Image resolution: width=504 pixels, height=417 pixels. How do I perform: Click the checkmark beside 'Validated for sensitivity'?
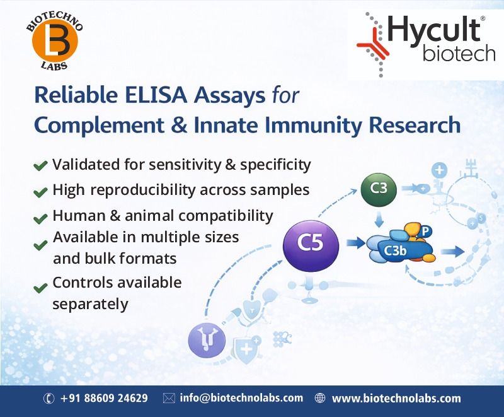coord(40,166)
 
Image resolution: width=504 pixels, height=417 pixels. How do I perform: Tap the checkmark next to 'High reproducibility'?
coord(40,191)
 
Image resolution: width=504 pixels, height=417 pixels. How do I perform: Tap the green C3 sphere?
coord(378,188)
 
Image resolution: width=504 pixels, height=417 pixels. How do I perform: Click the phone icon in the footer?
coord(49,399)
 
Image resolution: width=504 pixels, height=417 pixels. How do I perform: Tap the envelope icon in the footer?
coord(168,399)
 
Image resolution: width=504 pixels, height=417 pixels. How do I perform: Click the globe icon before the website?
coord(320,399)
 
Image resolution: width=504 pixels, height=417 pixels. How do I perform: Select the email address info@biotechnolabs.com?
coord(241,399)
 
